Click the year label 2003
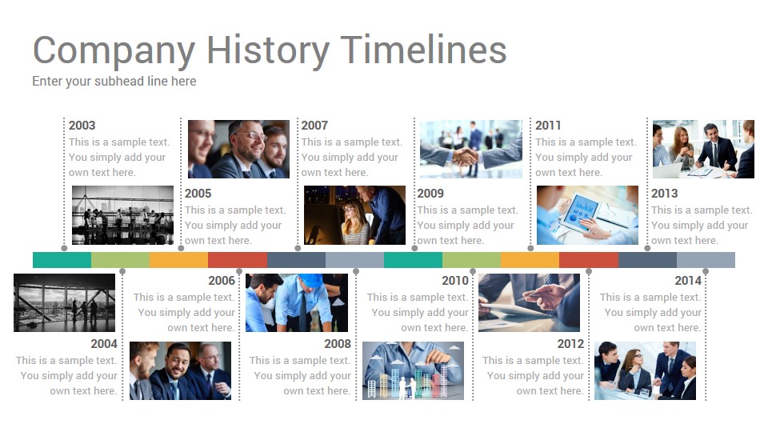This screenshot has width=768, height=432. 82,126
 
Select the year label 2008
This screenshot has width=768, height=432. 338,344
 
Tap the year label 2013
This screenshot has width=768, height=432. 664,194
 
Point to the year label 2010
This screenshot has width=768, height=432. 455,281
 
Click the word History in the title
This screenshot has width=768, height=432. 268,50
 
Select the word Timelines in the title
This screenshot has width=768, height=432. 423,50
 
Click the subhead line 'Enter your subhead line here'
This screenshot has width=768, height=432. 114,82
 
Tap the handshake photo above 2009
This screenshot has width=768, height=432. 470,149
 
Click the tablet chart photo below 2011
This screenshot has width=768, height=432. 587,215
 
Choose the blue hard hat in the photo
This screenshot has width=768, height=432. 310,280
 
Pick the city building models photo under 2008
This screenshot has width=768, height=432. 413,370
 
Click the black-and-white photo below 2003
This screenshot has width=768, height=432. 122,215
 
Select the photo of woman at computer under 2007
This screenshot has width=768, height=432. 354,215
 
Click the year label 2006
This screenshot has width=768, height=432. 222,281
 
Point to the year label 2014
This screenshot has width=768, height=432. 688,281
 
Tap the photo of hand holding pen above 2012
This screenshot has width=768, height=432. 529,302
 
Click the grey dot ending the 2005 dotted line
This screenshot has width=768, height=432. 181,248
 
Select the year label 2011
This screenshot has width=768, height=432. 548,126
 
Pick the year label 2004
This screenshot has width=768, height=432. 104,344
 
